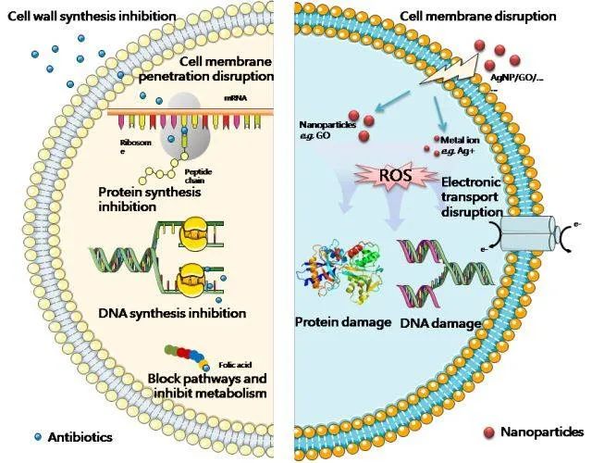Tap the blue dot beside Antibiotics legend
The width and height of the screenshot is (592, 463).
(36, 435)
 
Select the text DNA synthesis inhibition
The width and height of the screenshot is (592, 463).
(171, 313)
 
